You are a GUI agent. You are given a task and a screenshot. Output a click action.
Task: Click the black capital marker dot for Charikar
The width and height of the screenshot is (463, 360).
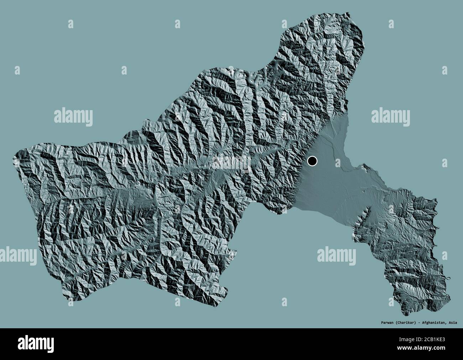click(312, 161)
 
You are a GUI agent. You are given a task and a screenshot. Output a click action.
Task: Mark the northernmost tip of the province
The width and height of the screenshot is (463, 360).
click(342, 20)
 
